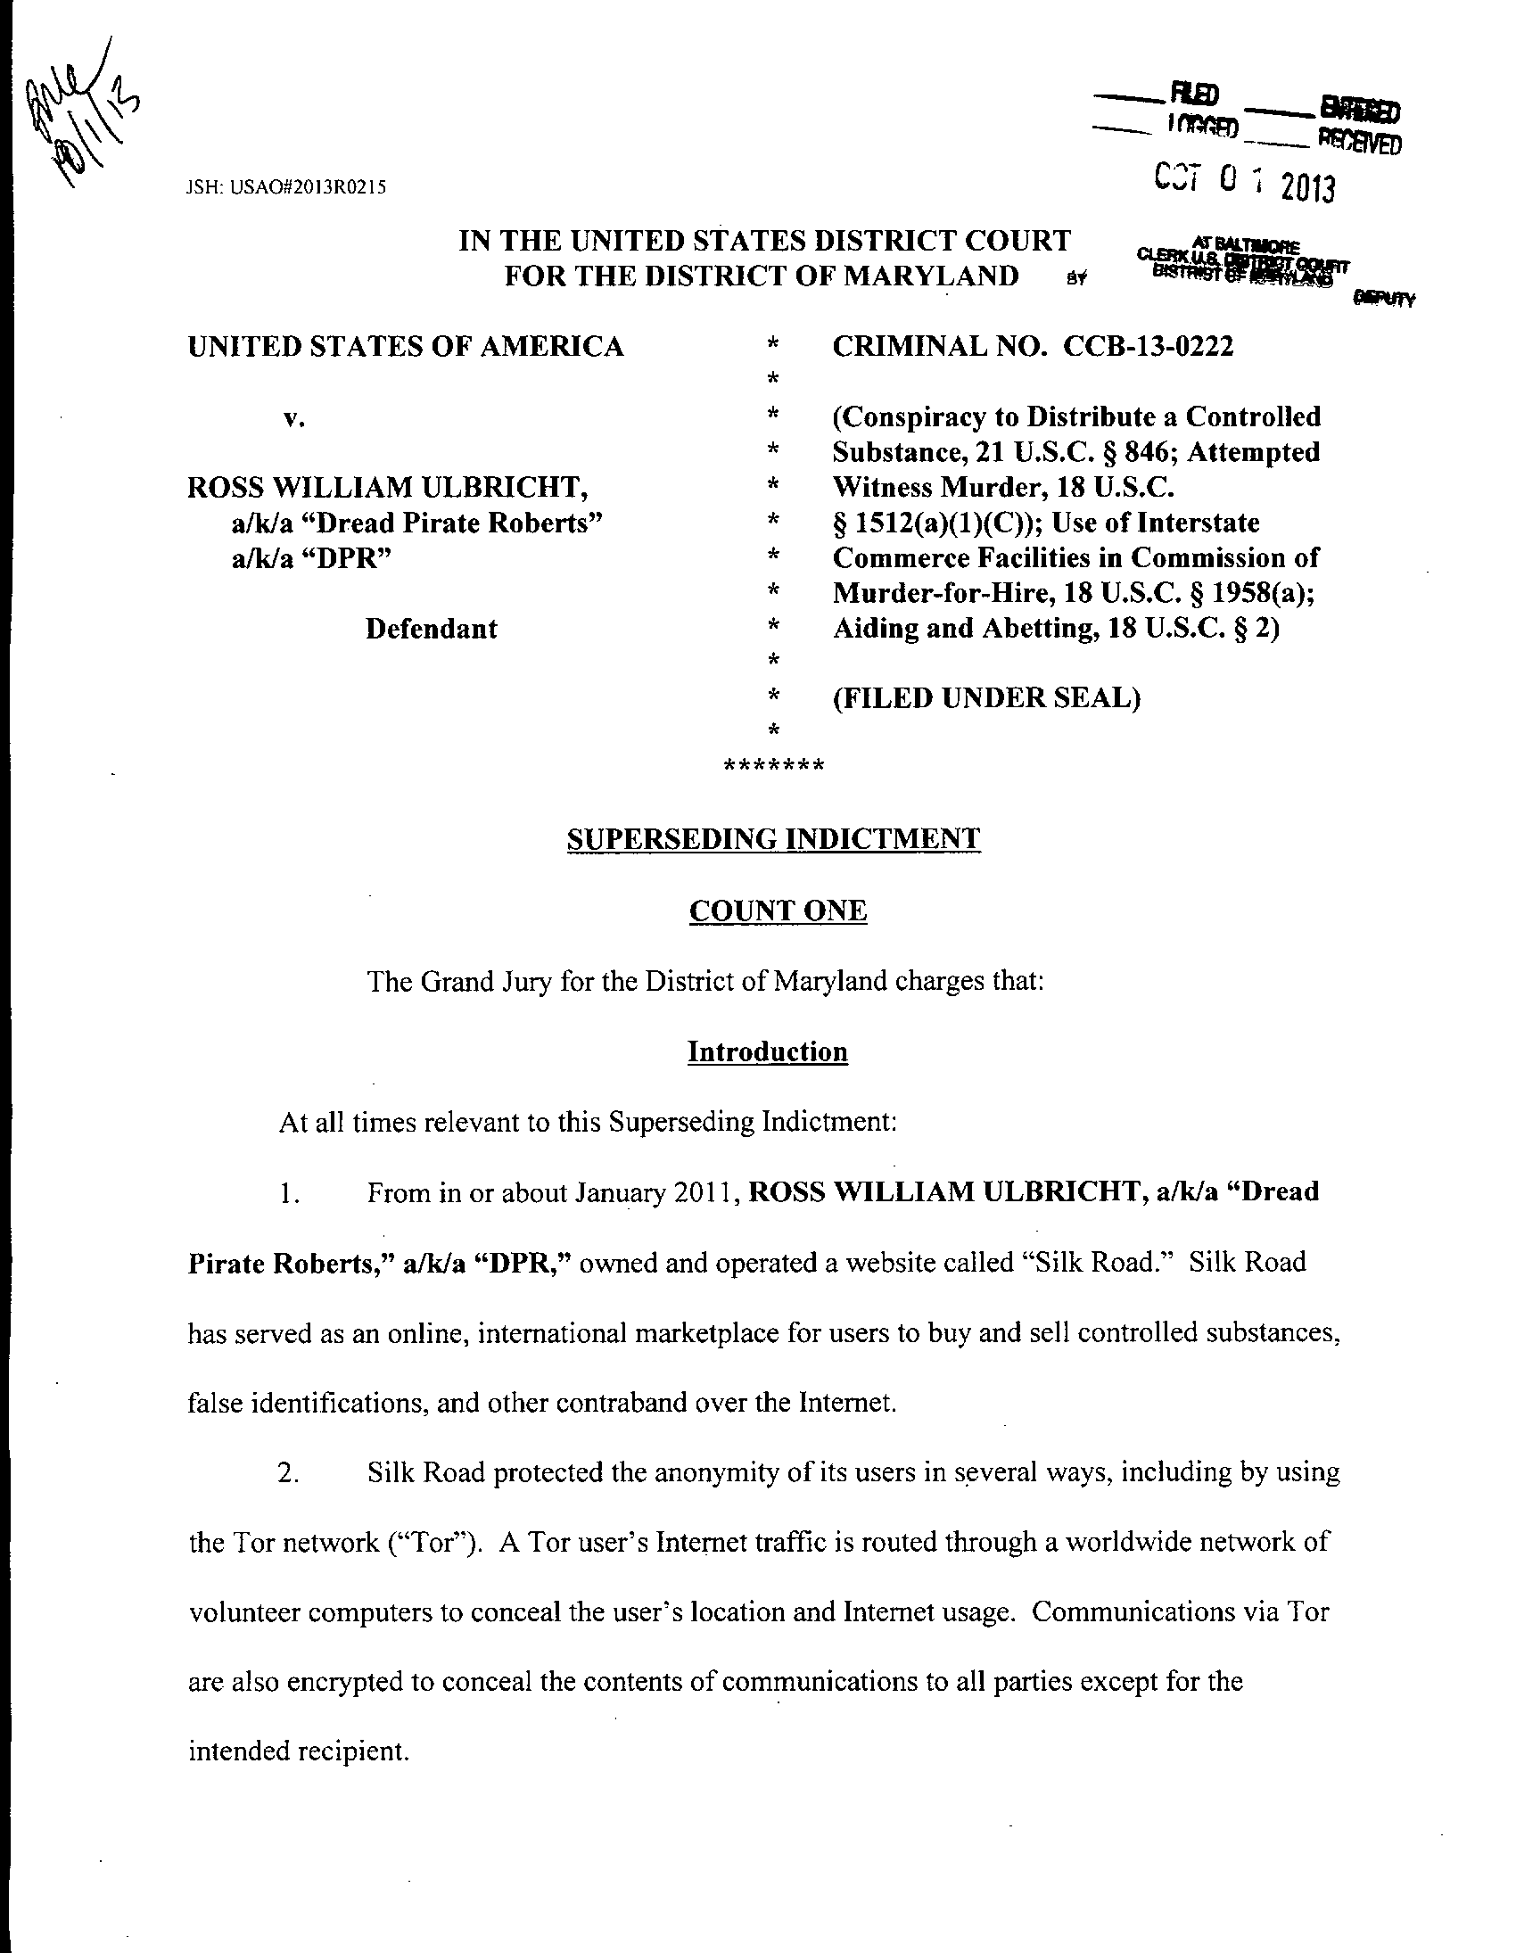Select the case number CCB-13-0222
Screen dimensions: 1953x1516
(x=1149, y=346)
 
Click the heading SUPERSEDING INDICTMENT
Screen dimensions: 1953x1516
(x=774, y=839)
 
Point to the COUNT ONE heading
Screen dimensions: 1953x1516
(x=778, y=911)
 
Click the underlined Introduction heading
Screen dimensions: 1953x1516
(x=768, y=1051)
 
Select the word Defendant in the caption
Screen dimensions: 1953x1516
(x=431, y=629)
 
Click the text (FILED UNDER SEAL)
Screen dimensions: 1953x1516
(x=986, y=697)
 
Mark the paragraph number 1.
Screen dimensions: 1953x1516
(x=287, y=1194)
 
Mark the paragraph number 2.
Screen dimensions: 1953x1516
(x=287, y=1475)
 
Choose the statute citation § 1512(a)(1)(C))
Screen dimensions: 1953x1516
(x=930, y=523)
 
